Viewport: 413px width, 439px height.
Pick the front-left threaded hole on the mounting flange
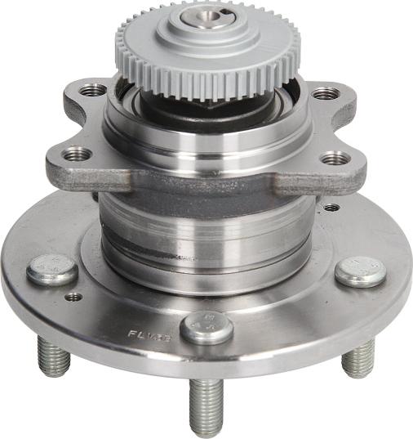(78, 152)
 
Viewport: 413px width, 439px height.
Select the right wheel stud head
(360, 271)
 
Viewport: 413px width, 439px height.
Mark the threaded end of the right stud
(358, 358)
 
